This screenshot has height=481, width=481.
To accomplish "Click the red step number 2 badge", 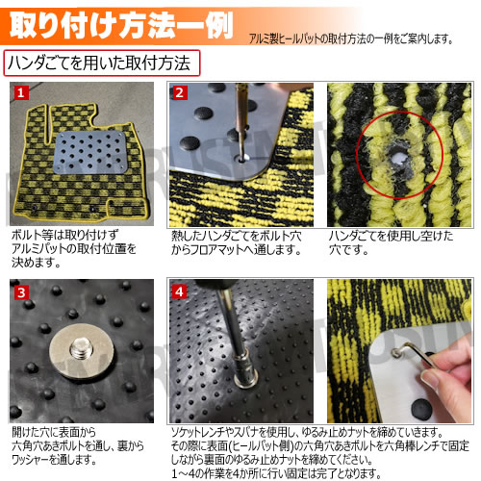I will pyautogui.click(x=180, y=93).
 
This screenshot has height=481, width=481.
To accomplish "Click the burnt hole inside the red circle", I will pyautogui.click(x=394, y=156).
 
